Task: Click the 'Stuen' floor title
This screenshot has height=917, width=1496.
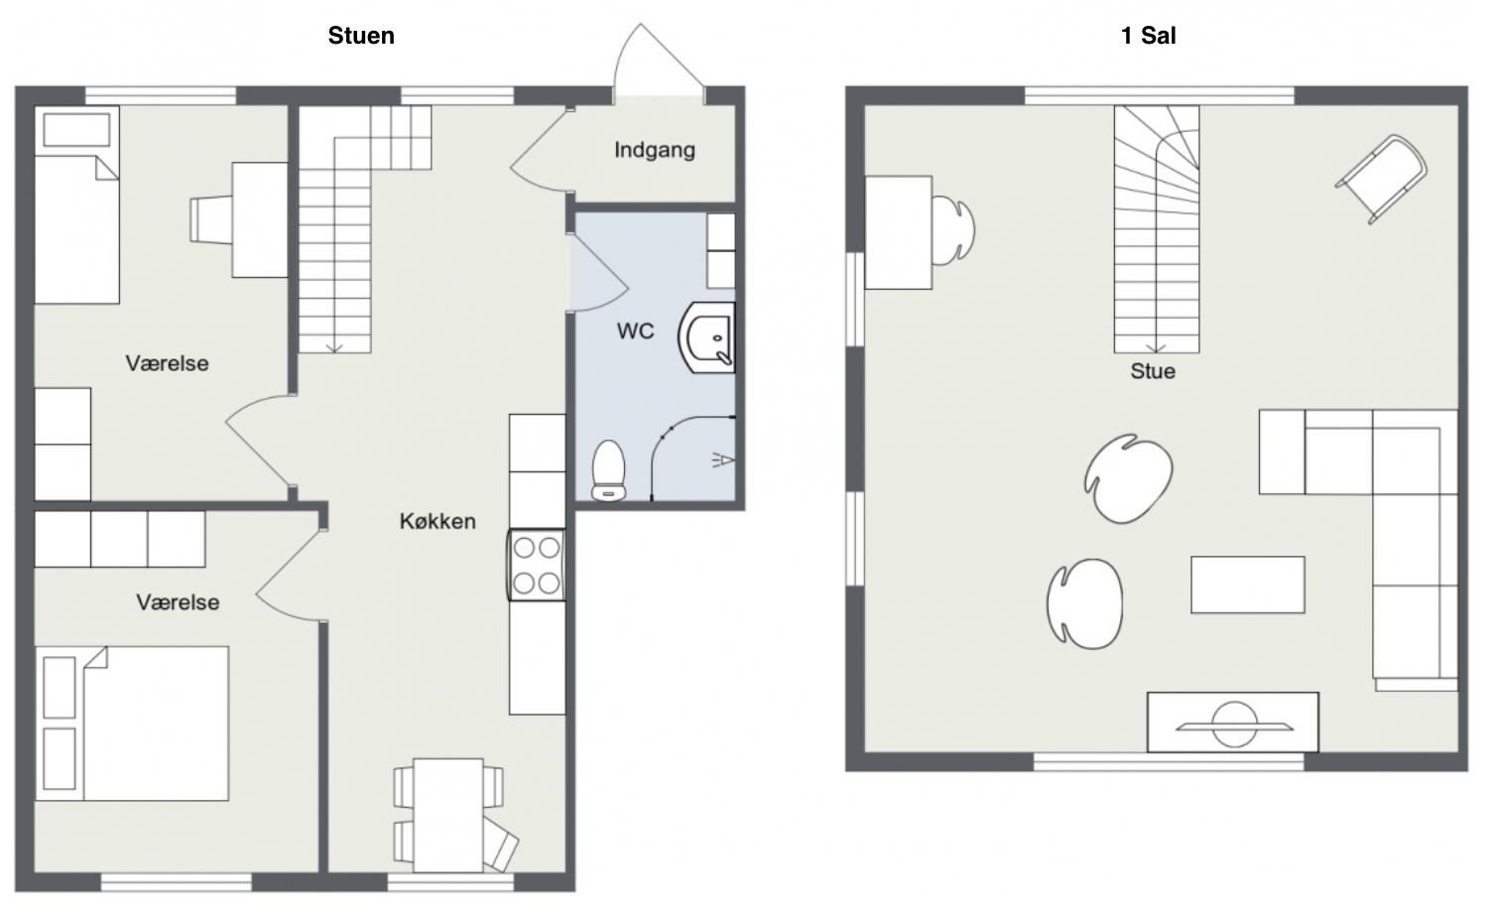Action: (361, 36)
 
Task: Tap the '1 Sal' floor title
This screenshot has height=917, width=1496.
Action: (1148, 36)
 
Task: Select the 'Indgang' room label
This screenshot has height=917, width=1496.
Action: (655, 150)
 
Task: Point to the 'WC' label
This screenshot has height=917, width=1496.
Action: (635, 330)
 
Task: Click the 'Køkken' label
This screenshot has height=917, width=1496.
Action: (437, 521)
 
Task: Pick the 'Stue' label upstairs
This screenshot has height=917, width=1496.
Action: (1153, 371)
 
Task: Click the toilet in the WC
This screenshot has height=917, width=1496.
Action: (608, 470)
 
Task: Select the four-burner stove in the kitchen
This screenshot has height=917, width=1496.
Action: (537, 565)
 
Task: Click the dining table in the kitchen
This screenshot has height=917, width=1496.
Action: (448, 815)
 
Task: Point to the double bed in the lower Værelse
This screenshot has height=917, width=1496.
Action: (132, 723)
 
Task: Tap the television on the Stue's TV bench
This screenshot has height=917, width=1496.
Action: (1234, 724)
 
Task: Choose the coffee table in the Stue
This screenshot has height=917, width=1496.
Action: (1248, 585)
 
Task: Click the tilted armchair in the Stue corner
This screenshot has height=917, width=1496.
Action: (1381, 179)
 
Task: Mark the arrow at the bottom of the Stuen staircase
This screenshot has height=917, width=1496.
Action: (334, 346)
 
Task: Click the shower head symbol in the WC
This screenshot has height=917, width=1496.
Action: (722, 460)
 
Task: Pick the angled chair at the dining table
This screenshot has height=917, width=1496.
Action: (500, 844)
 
